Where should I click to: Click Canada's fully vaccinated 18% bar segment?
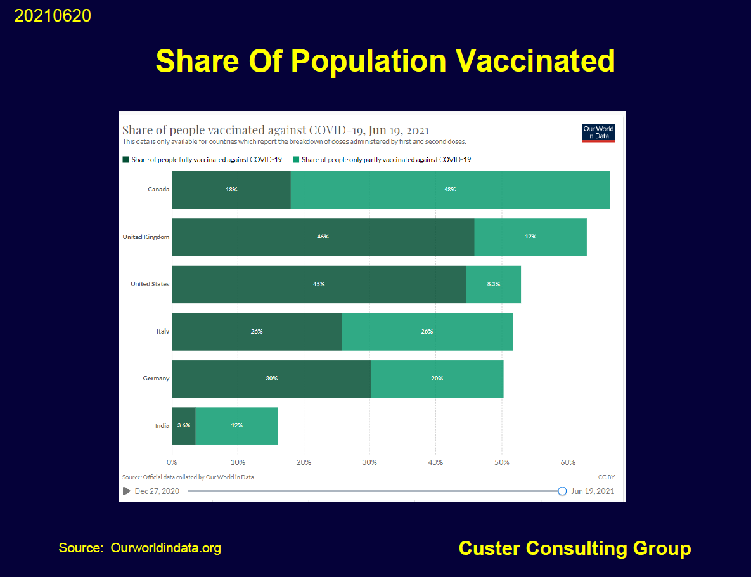tap(231, 190)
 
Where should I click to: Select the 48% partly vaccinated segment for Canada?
tap(450, 190)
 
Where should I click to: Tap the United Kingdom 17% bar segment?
tap(530, 237)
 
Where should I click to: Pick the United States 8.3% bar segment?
tap(493, 284)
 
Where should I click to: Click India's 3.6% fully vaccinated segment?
tap(184, 425)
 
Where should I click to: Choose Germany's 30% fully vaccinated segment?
tap(271, 379)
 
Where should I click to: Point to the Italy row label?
tap(163, 332)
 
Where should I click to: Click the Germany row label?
tap(156, 379)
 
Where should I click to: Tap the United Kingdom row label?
tap(146, 237)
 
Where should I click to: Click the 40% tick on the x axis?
tap(435, 462)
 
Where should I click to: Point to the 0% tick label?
tap(172, 462)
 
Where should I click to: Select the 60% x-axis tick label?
tap(568, 462)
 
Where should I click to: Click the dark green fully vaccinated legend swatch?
tap(125, 160)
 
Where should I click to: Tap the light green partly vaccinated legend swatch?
tap(295, 160)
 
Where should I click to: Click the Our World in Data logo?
tap(598, 133)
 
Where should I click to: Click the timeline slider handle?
tap(562, 491)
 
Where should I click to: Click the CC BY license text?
tap(607, 477)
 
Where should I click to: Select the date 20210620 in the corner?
tap(53, 16)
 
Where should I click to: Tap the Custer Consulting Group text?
tap(574, 548)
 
